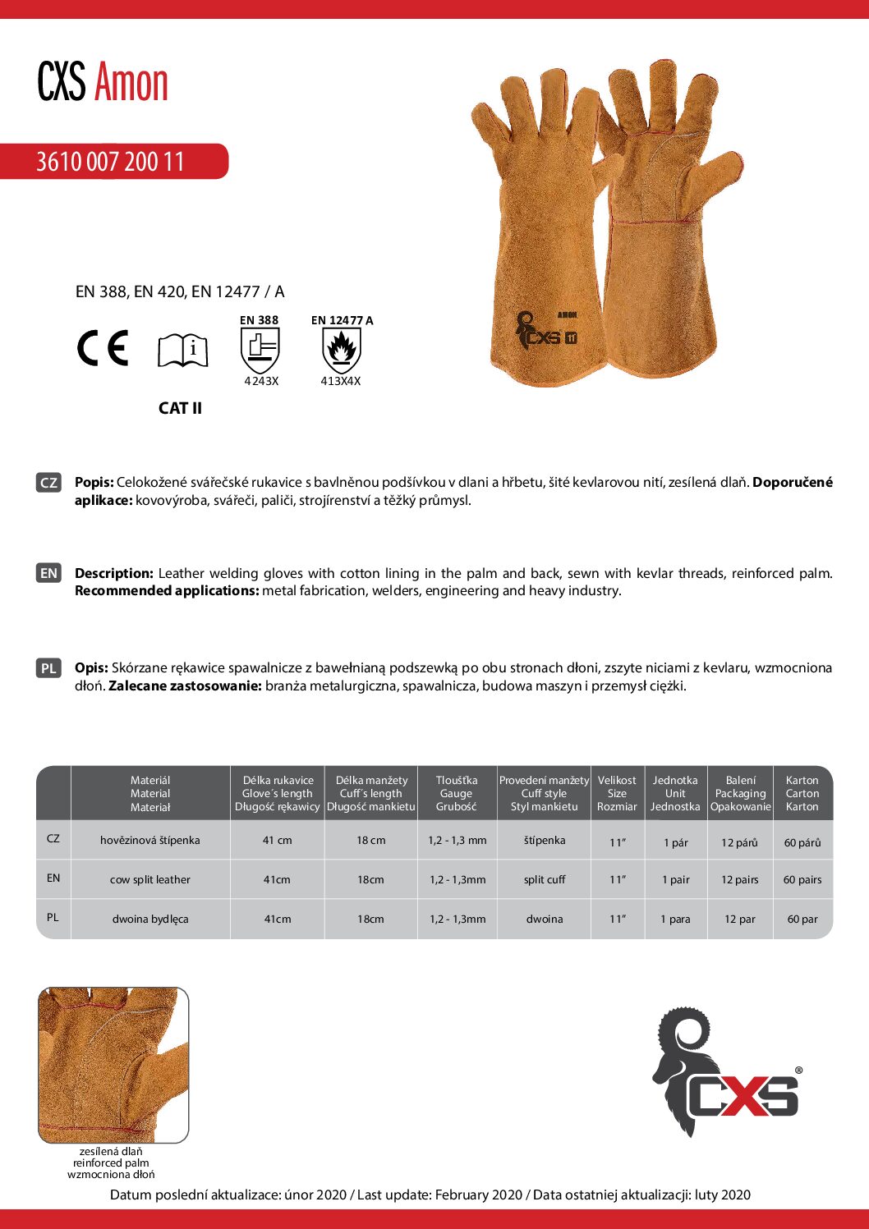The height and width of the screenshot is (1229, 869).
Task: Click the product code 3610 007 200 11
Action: tap(110, 162)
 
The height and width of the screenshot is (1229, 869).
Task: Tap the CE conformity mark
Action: tap(103, 348)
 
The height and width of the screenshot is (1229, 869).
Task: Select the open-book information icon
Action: tap(182, 351)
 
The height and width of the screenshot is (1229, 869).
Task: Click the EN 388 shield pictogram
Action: tap(260, 351)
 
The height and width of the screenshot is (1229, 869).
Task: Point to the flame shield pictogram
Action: tap(341, 351)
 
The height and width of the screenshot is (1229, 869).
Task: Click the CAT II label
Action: tap(180, 408)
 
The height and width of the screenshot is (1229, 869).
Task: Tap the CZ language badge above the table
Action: tap(48, 483)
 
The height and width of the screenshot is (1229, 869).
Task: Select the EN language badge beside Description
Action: tap(48, 573)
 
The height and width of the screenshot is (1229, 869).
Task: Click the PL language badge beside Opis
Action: tap(48, 668)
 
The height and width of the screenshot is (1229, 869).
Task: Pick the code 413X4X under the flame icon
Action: tap(341, 382)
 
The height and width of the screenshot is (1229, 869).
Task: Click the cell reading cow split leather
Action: tap(150, 879)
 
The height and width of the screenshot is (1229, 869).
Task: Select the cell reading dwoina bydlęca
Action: tap(150, 919)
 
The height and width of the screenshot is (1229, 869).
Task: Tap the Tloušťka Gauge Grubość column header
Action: tap(457, 793)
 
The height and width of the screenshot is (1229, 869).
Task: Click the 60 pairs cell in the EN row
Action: tap(802, 879)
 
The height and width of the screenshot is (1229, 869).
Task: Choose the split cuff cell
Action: tap(545, 879)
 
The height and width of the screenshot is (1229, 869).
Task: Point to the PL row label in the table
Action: tap(53, 917)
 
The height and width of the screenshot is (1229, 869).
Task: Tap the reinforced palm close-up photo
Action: tap(113, 1065)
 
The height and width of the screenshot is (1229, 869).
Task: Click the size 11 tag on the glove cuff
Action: tap(571, 337)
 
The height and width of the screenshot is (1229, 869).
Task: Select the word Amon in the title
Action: tap(131, 83)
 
